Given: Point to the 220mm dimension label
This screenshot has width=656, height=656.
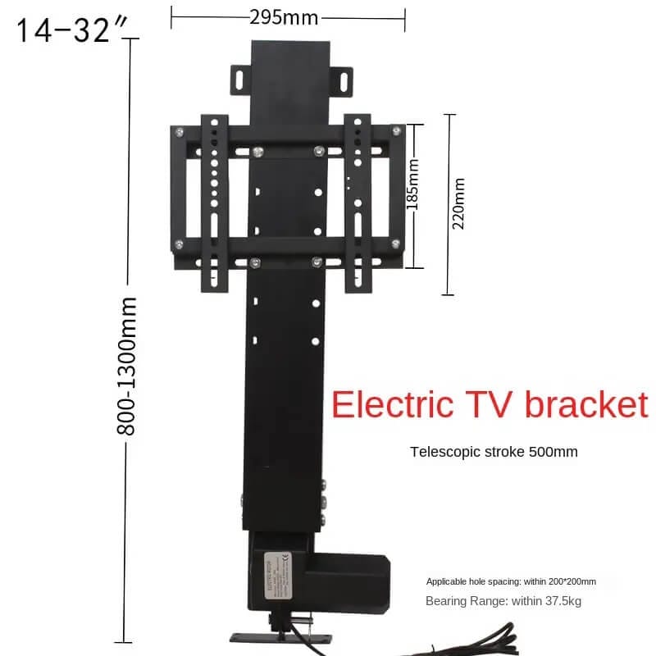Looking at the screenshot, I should [x=458, y=203].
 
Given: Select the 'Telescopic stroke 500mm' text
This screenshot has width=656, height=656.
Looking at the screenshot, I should [x=494, y=451].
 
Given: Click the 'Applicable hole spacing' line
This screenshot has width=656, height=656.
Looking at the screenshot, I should [x=511, y=581].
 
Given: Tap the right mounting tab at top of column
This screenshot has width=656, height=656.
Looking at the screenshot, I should [x=339, y=78].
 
